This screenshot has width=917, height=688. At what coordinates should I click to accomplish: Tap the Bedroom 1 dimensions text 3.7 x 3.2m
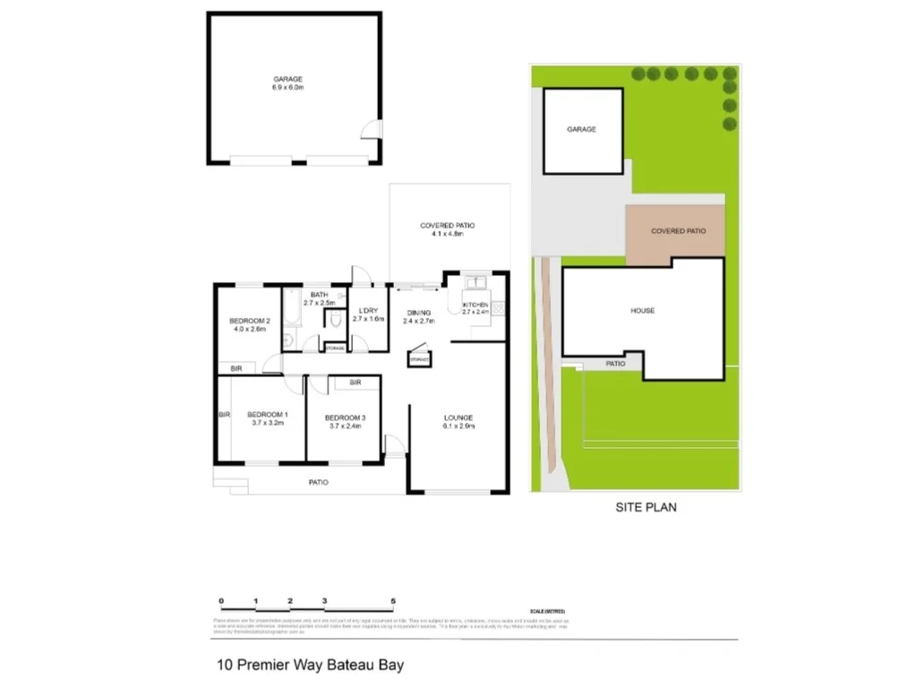269,423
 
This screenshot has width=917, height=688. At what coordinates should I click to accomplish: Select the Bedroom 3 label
345,417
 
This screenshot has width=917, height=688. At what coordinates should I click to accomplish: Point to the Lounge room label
458,417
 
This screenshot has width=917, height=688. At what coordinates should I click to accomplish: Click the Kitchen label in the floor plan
475,305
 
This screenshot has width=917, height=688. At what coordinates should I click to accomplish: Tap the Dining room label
418,312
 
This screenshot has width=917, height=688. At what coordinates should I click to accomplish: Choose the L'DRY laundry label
367,310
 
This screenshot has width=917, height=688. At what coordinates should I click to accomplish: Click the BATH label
319,295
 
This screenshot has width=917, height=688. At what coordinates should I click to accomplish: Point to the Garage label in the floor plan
287,79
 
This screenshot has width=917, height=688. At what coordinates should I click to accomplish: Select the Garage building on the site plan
581,130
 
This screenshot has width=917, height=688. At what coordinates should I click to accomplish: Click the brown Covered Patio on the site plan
678,231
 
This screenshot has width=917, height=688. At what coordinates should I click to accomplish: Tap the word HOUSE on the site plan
642,311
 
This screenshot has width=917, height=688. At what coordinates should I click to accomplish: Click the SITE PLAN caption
646,507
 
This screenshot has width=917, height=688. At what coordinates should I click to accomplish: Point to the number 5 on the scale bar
393,601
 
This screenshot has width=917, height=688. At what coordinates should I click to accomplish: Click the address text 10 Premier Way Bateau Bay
311,666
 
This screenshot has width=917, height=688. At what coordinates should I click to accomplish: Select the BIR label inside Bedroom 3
356,383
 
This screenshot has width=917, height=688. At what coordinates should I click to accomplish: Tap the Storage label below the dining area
418,359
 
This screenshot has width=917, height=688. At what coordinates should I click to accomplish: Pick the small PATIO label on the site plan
615,364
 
